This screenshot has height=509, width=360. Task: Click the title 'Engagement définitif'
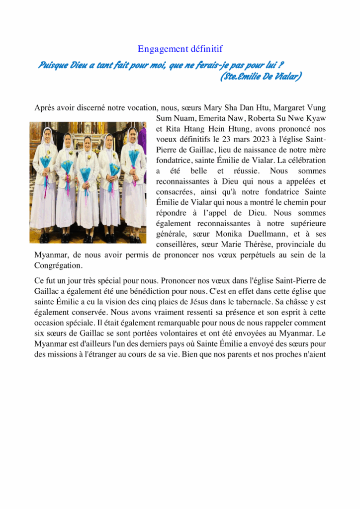pos(180,49)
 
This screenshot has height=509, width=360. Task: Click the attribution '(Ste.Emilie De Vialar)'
pos(260,76)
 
